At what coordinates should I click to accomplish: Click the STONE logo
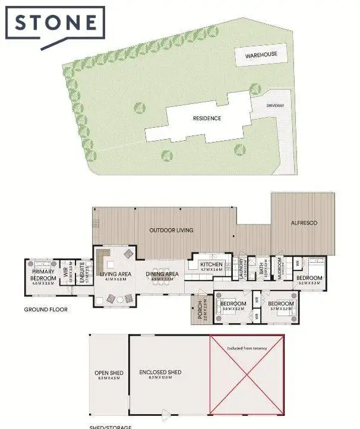[55, 24]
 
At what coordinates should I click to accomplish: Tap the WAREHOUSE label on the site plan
[261, 55]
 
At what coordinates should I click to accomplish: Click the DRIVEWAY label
[275, 105]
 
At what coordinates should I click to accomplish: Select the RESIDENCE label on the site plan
[207, 118]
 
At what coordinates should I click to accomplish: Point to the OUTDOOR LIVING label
[171, 230]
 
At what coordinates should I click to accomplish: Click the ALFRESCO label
[304, 223]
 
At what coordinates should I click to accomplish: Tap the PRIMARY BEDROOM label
[43, 275]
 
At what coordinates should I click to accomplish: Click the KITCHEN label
[211, 264]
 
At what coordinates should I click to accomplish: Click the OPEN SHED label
[108, 373]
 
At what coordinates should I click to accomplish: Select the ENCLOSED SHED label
[160, 373]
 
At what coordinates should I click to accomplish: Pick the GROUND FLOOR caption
[46, 310]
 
